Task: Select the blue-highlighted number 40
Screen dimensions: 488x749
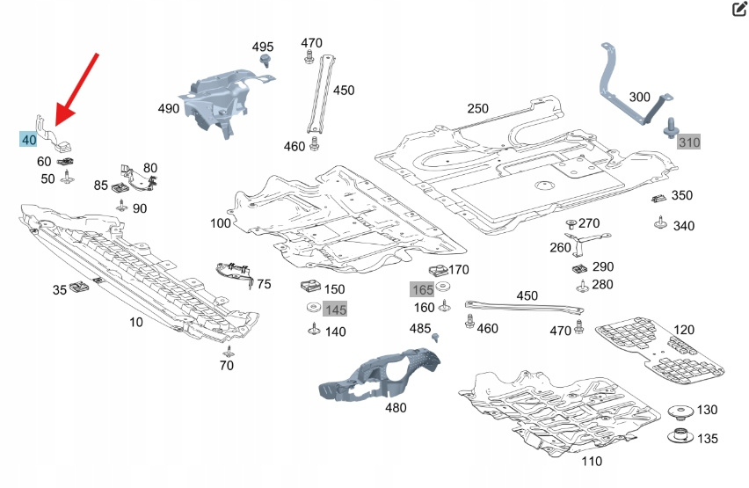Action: [29, 139]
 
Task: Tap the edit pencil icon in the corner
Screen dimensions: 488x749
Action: [738, 10]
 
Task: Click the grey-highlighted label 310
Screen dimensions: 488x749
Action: [689, 142]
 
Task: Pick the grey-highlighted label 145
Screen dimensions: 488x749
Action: [335, 310]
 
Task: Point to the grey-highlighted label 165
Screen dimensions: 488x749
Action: [423, 288]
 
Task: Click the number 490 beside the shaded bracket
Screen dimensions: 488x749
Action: [168, 108]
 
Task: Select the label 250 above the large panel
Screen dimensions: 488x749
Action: [477, 108]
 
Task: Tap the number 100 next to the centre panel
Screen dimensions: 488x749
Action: [220, 222]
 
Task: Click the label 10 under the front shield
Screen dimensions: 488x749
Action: [136, 322]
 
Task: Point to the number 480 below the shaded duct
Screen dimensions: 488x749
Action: [396, 408]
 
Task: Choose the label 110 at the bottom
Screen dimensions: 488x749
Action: [592, 461]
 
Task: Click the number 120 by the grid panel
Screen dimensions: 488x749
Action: [683, 330]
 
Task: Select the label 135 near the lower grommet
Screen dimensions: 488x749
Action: [707, 438]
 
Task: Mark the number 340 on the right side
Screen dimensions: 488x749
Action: [683, 226]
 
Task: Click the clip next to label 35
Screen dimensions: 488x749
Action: [81, 286]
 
